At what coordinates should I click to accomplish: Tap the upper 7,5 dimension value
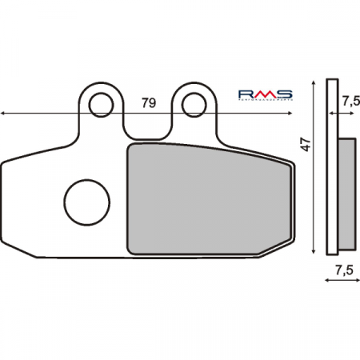coord(350,102)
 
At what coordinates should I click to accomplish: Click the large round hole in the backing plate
coord(84,201)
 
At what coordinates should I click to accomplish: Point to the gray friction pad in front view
coord(208,200)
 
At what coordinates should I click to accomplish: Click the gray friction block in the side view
coord(346,192)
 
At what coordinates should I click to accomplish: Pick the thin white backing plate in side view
coord(333,168)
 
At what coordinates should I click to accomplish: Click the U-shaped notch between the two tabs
coord(148,128)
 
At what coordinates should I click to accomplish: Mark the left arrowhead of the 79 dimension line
coord(5,114)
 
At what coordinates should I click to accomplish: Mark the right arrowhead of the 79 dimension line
coord(293,114)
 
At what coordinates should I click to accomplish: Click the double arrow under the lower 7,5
coord(342,281)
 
